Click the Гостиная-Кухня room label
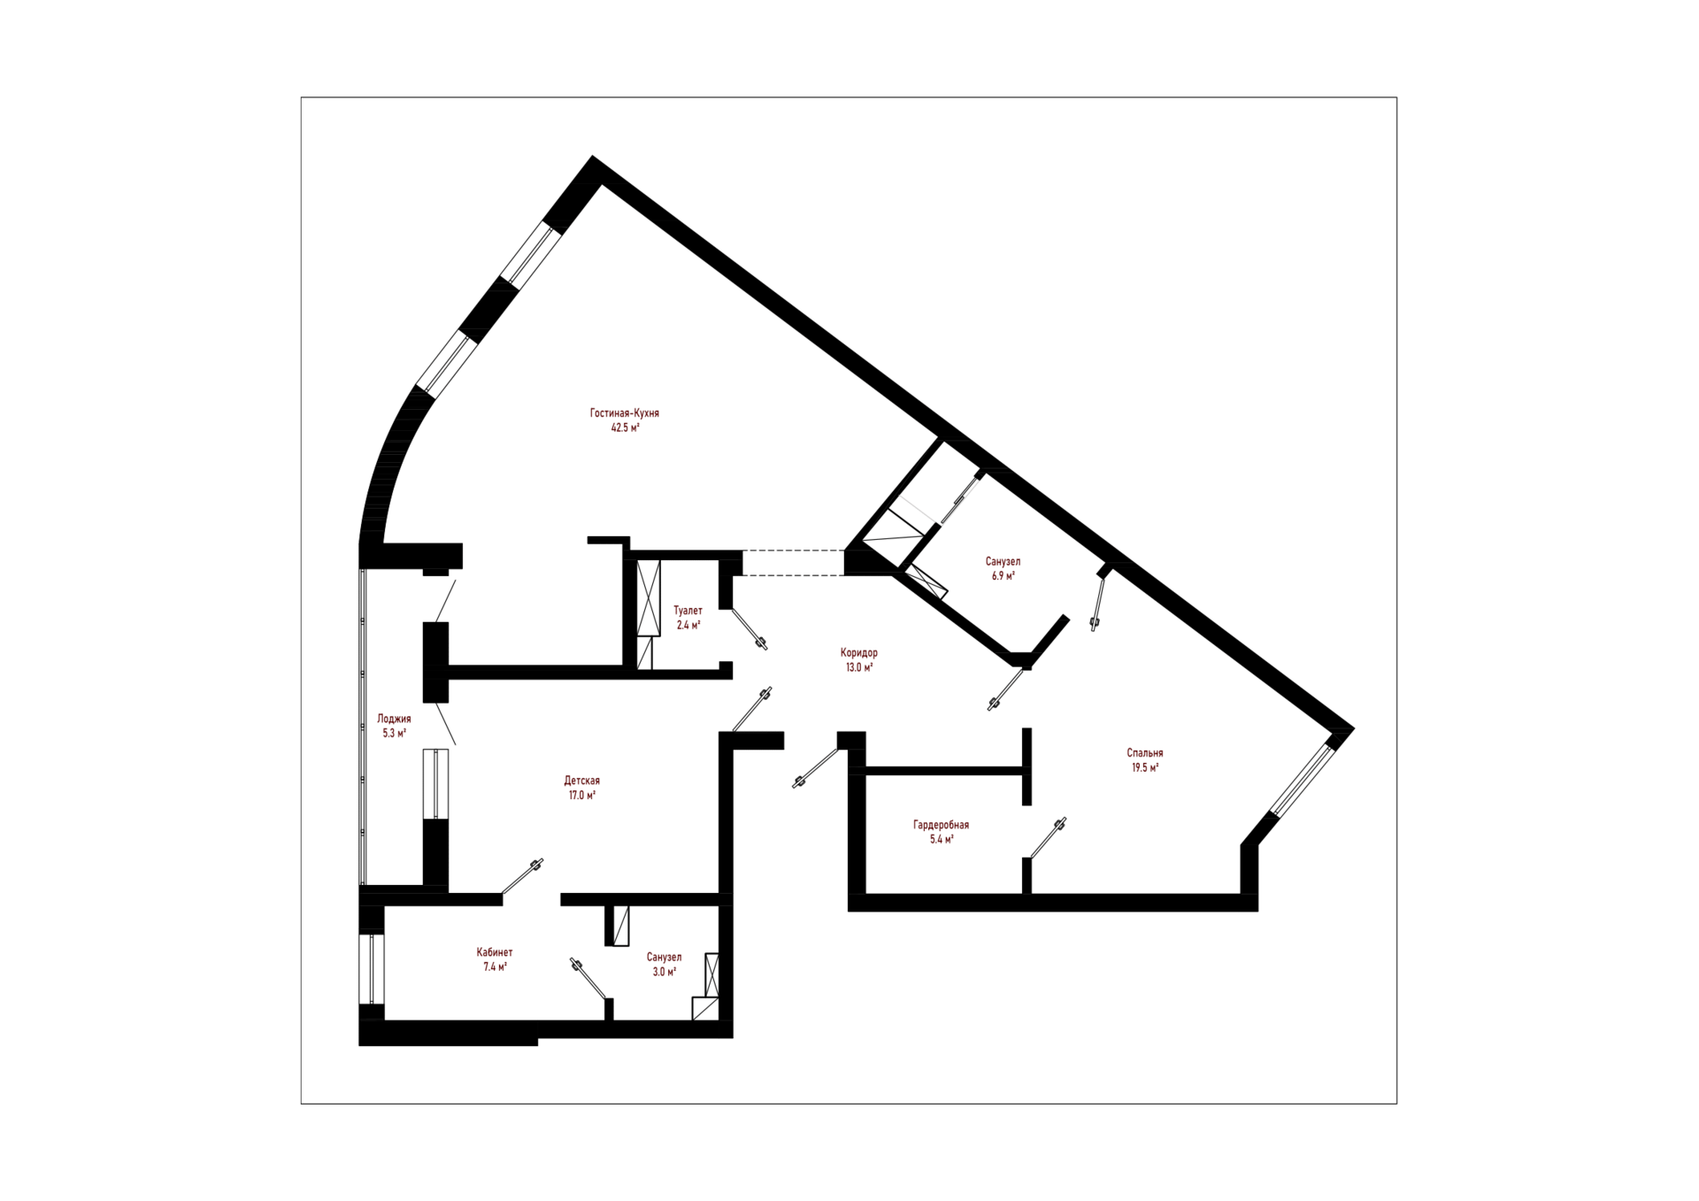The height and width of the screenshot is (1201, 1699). [x=624, y=413]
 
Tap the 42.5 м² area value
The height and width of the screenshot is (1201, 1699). [x=625, y=427]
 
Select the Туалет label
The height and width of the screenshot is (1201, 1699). [x=688, y=611]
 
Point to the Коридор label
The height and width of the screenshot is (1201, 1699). [x=858, y=653]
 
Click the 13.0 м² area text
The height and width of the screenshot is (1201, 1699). [x=859, y=667]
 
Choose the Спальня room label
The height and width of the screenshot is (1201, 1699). [x=1144, y=753]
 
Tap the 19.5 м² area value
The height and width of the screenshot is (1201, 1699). [x=1144, y=767]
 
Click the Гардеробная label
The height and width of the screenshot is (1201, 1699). [x=941, y=825]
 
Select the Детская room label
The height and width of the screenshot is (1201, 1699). [x=581, y=781]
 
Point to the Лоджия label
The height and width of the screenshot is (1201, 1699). [x=394, y=719]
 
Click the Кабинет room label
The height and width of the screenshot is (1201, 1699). [x=494, y=952]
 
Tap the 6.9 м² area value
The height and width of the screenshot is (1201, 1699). [x=1003, y=575]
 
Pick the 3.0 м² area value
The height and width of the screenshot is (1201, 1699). [x=664, y=971]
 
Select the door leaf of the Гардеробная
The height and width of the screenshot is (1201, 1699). [x=1048, y=837]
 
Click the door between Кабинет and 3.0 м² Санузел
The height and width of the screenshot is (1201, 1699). [x=590, y=979]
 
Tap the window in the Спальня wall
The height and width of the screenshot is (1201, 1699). [x=1302, y=780]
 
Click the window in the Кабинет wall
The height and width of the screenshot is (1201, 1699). [x=373, y=969]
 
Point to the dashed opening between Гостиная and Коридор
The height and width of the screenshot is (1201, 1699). [x=793, y=563]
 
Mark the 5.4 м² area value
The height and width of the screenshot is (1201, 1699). [x=941, y=839]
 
